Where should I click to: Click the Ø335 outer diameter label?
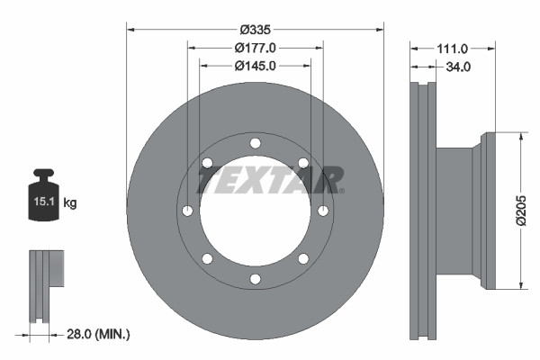point(255,30)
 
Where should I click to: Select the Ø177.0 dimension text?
point(255,48)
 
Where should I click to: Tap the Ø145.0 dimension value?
point(255,66)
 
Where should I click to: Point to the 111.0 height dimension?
point(452,48)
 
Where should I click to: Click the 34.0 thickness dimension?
point(460,66)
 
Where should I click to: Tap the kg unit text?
point(70,203)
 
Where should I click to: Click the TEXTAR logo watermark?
point(270,180)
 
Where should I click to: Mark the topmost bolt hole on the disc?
point(255,143)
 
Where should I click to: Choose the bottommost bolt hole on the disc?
point(255,279)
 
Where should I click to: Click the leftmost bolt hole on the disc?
point(187,211)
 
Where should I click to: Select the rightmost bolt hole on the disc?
point(323,211)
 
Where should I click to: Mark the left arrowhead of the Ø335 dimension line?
point(130,30)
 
